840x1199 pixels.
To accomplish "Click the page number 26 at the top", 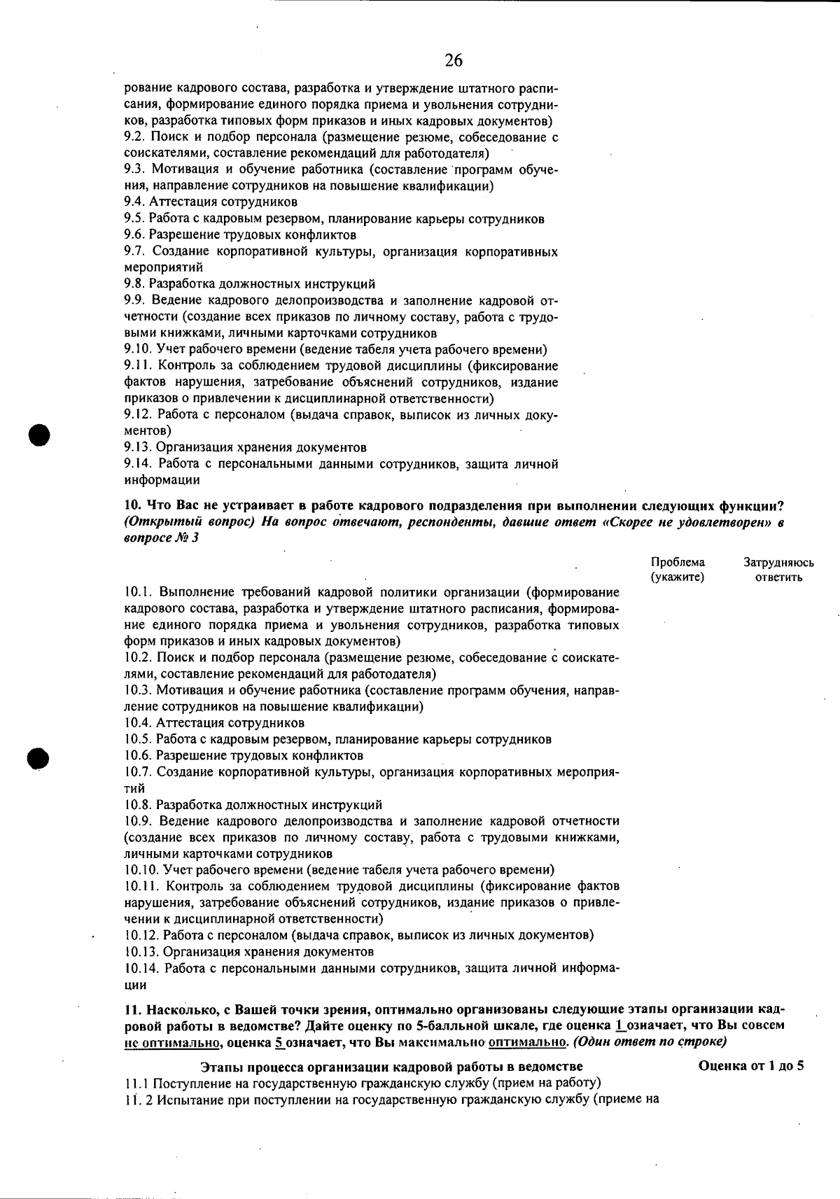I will click(454, 61).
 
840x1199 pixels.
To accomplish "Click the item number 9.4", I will click(134, 202).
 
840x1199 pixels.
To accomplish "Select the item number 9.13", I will click(137, 447).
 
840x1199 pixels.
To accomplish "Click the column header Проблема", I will click(678, 562).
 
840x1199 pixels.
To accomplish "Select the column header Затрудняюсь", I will click(778, 562).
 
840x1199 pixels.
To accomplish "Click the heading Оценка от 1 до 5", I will click(750, 1067).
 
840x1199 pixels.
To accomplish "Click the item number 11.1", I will click(136, 1084).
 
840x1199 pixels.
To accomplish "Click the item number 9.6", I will click(134, 235).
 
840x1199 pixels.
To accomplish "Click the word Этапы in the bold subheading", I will click(218, 1067).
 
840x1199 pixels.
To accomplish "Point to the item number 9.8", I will click(134, 284).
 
